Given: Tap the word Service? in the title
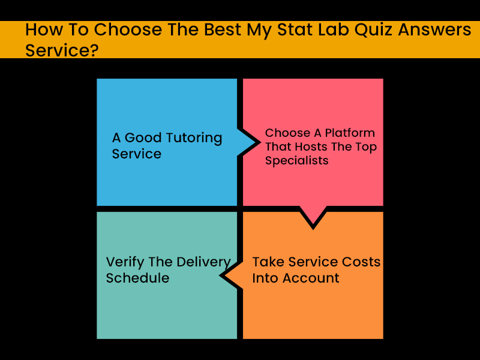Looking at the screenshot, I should click(62, 50).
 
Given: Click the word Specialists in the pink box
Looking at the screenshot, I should click(296, 161).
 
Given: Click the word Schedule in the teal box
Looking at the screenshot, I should click(137, 278).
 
